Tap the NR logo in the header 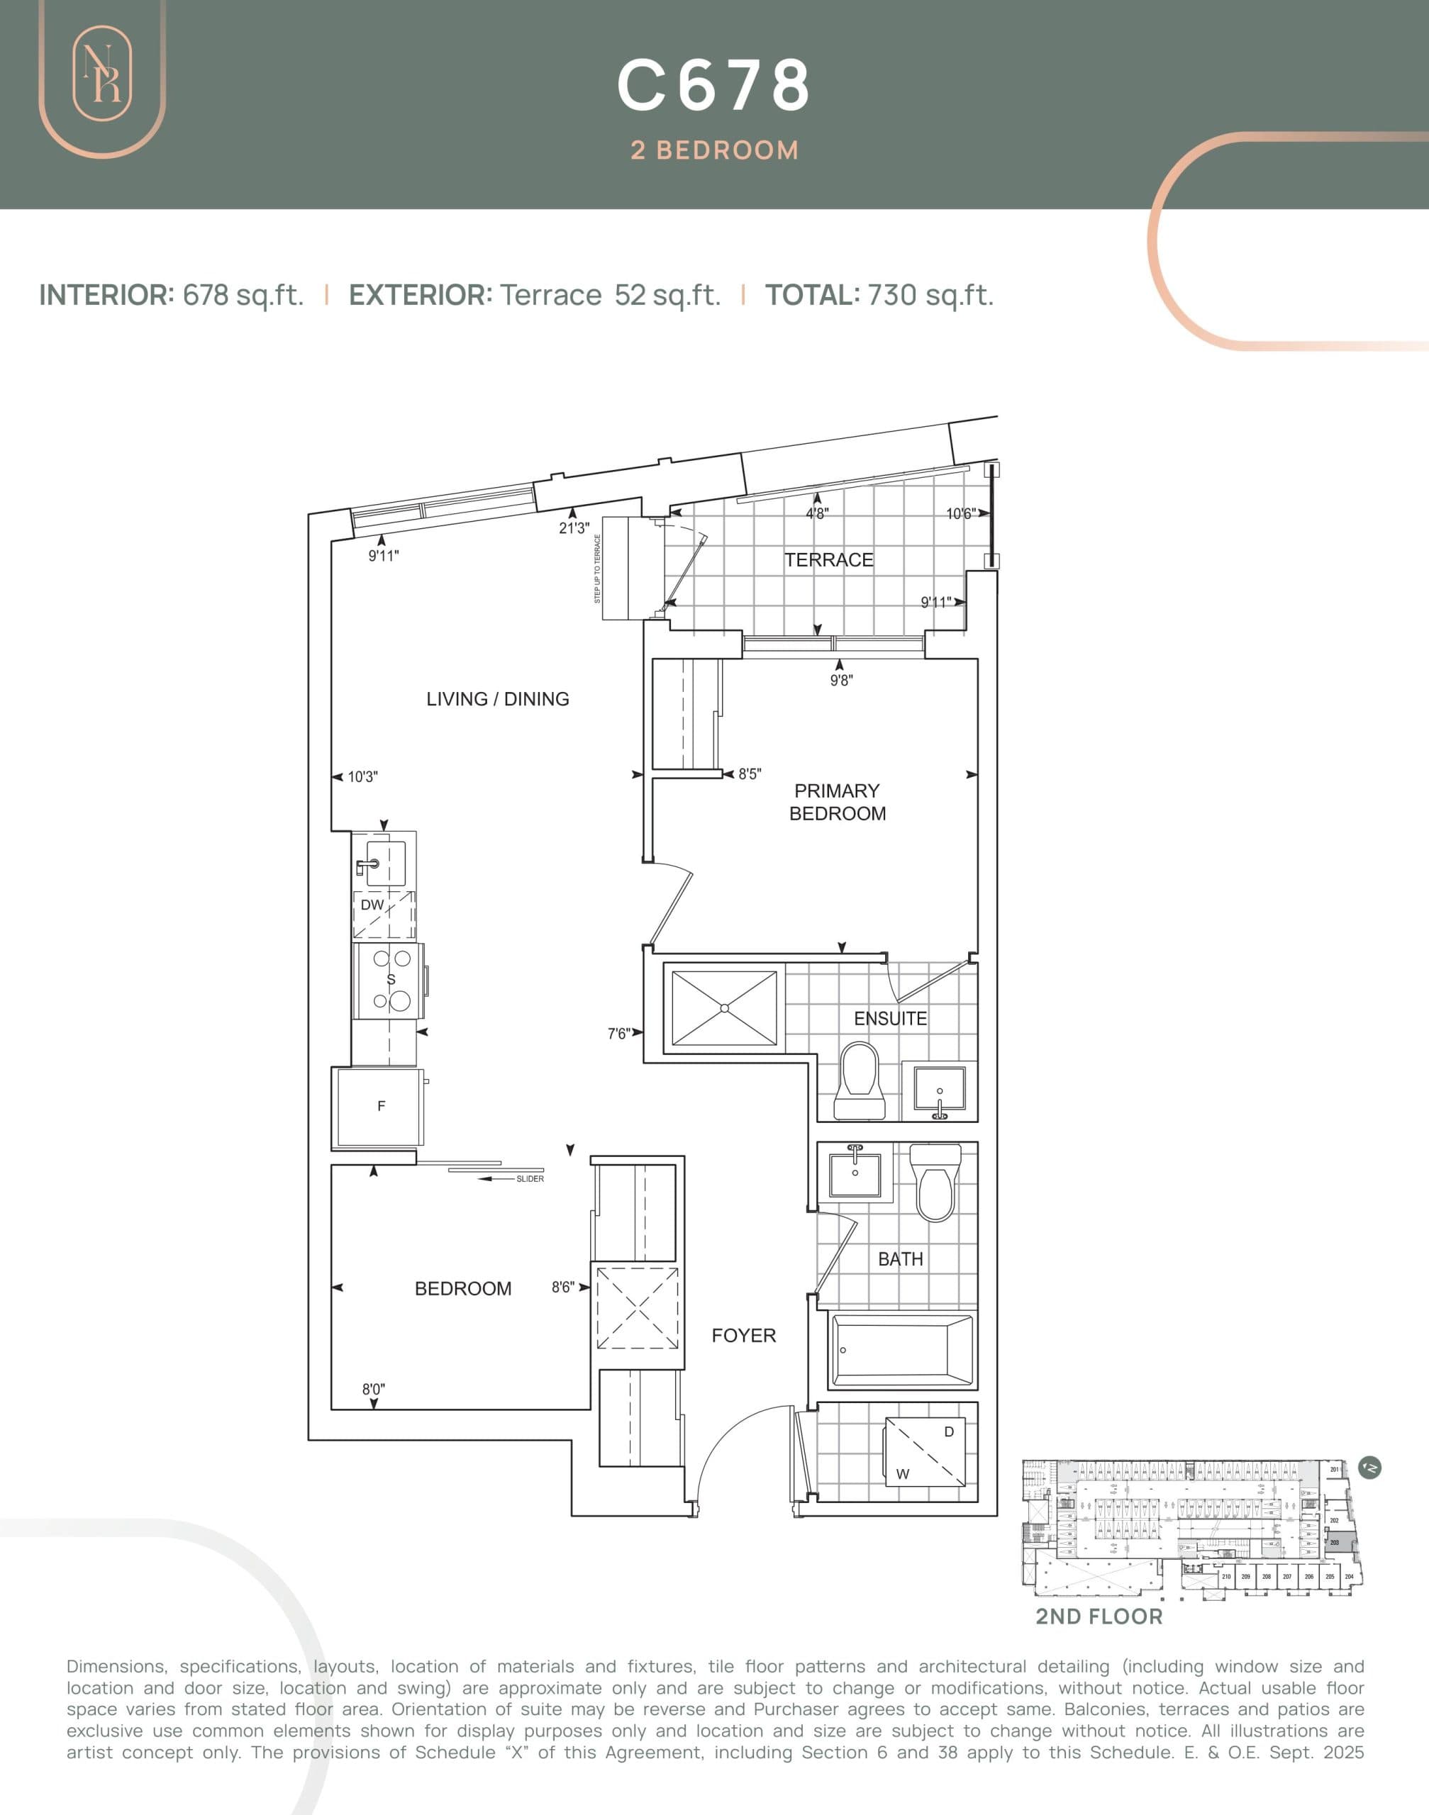click(x=102, y=83)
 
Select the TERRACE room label click(x=828, y=559)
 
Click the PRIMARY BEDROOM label click(x=837, y=801)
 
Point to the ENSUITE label click(x=889, y=1018)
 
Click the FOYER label click(x=743, y=1336)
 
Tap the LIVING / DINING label click(x=497, y=698)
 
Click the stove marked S click(x=390, y=979)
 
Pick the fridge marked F click(x=381, y=1107)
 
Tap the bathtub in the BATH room click(x=902, y=1350)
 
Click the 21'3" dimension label click(x=574, y=527)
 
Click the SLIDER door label click(x=530, y=1178)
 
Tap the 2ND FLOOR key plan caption click(x=1099, y=1616)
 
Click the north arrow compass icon click(x=1370, y=1467)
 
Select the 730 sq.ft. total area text click(x=930, y=295)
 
